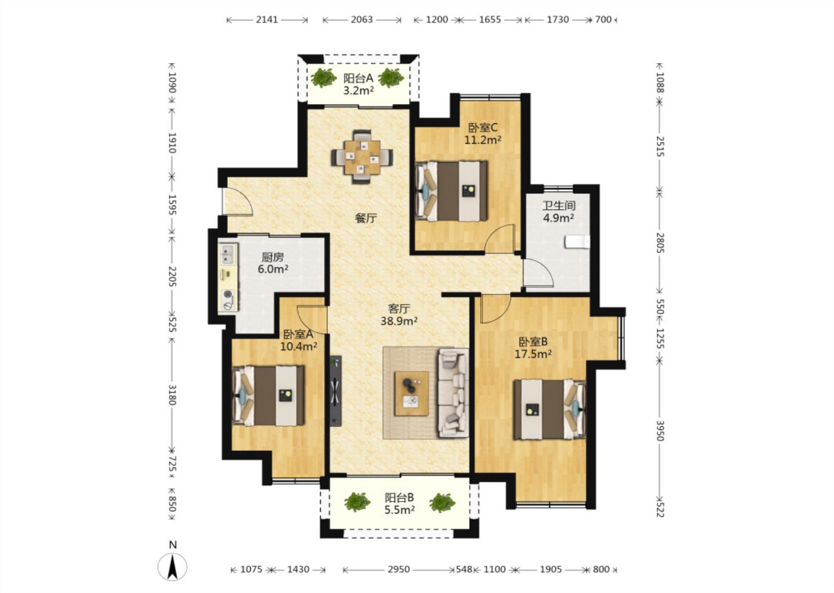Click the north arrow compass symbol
coord(173,567)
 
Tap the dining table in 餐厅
coord(362,157)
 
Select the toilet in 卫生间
coord(577,242)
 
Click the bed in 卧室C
coord(451,191)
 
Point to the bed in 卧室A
coord(268,396)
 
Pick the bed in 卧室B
coord(550,409)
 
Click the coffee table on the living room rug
coord(411,393)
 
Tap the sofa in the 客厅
coord(453,393)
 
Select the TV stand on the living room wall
coord(335,391)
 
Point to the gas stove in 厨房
coord(228,299)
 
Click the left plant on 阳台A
coord(324,78)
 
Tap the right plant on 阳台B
coord(442,503)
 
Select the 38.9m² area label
coord(398,321)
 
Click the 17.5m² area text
coord(533,354)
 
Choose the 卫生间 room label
coord(558,206)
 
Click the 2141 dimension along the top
coord(266,19)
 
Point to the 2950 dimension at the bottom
coord(398,570)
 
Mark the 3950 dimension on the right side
coord(660,431)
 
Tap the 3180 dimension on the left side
coord(171,394)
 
